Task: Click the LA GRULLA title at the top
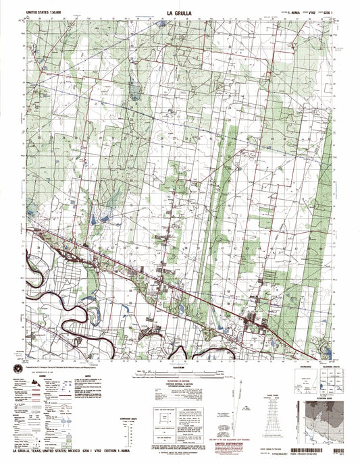[x=179, y=11]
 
